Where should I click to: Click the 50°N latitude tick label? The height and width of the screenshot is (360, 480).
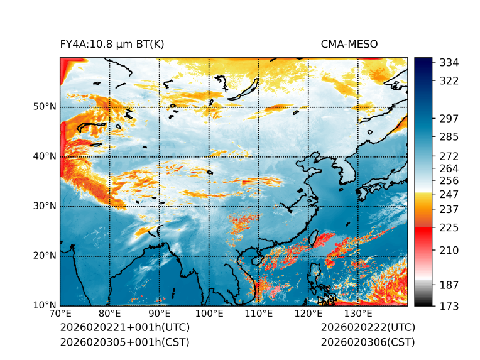[45, 107]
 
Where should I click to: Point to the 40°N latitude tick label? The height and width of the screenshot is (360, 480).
[45, 156]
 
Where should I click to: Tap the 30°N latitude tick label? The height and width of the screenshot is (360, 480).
[45, 206]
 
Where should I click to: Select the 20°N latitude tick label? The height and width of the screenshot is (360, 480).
[45, 256]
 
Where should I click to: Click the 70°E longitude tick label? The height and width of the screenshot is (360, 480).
[60, 314]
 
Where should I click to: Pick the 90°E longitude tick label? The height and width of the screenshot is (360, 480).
[160, 314]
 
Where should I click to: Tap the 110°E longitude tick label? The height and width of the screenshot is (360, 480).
[259, 314]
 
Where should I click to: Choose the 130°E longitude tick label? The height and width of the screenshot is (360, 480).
[358, 314]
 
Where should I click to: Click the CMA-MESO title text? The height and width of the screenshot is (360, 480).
[349, 44]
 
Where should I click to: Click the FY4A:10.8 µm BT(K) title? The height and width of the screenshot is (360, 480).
[112, 44]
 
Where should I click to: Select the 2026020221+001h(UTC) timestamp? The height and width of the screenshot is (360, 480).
[124, 327]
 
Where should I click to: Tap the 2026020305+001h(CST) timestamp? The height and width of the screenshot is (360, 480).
[124, 342]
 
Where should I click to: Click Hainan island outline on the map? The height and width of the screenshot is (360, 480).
[256, 260]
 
